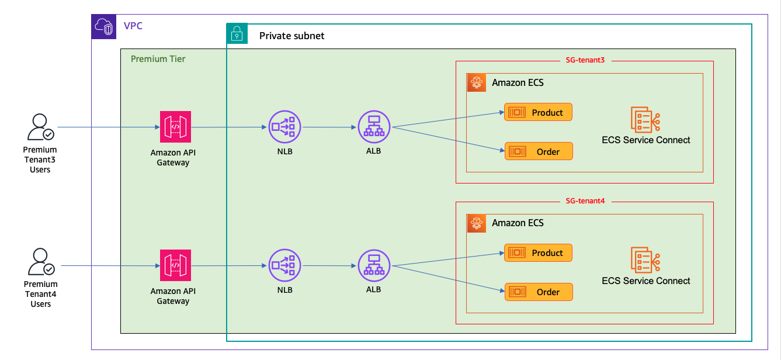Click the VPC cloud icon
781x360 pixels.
[x=104, y=27]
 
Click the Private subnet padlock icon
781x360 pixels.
[x=237, y=34]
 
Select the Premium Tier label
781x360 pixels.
[x=158, y=59]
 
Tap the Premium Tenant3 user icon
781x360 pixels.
[x=40, y=127]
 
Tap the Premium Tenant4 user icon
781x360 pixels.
[x=40, y=262]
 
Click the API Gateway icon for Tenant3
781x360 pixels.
[x=175, y=127]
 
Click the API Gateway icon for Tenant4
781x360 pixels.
[x=175, y=265]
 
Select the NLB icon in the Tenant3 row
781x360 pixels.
[x=284, y=126]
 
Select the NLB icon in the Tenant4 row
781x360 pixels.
[x=284, y=265]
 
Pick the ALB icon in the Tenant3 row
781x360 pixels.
[x=374, y=126]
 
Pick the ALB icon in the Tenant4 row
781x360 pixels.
[x=374, y=265]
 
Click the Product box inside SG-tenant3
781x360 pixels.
[x=538, y=112]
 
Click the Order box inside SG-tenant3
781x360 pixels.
[x=538, y=151]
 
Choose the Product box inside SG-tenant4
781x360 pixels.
[x=538, y=252]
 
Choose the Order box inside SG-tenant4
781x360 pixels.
[x=538, y=292]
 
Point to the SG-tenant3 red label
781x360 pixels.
[x=585, y=60]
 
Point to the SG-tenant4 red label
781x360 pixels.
[x=585, y=200]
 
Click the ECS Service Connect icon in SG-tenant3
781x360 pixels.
[x=645, y=119]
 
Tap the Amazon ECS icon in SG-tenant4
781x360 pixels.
[x=477, y=223]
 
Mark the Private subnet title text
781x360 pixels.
[x=291, y=36]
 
